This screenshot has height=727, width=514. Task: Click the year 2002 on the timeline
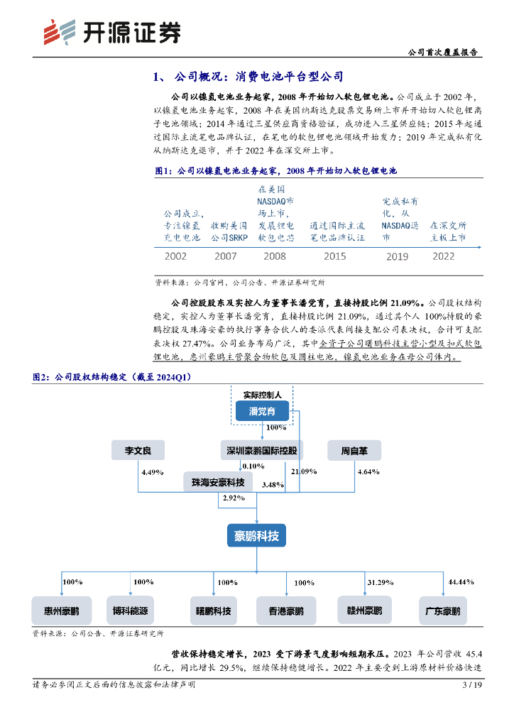click(x=175, y=256)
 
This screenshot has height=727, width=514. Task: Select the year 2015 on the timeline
click(x=336, y=256)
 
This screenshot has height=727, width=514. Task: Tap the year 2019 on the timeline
click(x=397, y=256)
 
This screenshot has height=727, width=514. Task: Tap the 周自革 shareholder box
click(x=354, y=449)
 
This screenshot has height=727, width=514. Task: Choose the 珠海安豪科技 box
click(x=218, y=483)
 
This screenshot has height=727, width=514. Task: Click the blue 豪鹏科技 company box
click(x=256, y=535)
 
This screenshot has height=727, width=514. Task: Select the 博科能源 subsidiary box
click(x=130, y=609)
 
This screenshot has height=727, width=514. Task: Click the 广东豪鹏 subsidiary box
click(x=442, y=609)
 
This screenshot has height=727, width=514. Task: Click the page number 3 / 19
click(x=472, y=685)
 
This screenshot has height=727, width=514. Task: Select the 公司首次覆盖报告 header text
click(x=444, y=53)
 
